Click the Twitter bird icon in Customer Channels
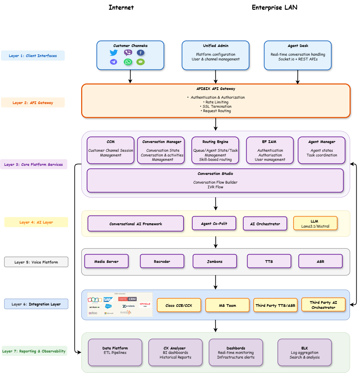114,53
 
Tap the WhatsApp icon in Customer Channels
128,62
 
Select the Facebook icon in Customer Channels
141,53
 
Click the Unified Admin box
215,55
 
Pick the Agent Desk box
298,55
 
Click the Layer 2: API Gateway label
33,103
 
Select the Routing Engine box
215,150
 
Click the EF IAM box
270,150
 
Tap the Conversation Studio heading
215,174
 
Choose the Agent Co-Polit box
214,223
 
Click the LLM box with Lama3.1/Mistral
315,223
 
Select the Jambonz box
215,261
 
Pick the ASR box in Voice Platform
320,261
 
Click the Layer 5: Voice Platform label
36,262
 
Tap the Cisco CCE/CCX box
179,305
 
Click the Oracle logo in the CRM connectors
145,305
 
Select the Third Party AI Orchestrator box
323,305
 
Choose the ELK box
304,352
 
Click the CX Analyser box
175,352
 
